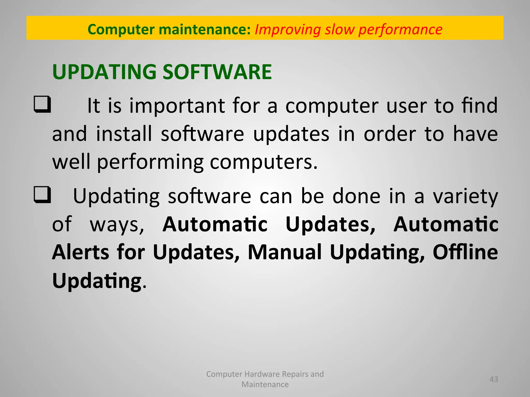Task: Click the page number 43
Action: pos(494,379)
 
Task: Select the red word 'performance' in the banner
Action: pos(400,29)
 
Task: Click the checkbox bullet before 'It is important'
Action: pos(42,104)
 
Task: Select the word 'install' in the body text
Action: pos(124,134)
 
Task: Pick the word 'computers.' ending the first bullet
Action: pos(263,162)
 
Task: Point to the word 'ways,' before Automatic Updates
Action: pos(117,224)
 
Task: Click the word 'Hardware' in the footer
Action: pos(262,374)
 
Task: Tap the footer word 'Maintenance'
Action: pos(265,384)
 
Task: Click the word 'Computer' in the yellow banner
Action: pos(121,29)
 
